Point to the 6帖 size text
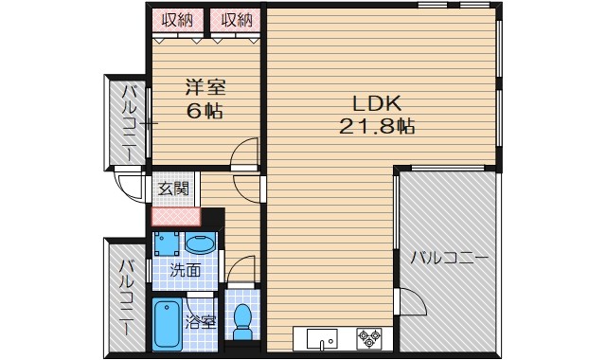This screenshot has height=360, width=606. point(205,111)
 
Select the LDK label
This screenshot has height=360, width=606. point(378,102)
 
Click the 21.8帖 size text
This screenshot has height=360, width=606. point(378,125)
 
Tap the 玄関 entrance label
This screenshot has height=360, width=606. point(173,189)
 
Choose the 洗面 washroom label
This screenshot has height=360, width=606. point(185,270)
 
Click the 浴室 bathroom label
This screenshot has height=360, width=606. point(201,321)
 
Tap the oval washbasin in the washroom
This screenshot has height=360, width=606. point(200,244)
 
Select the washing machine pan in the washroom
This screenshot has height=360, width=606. point(168,243)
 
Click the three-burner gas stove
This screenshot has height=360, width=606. point(368,337)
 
